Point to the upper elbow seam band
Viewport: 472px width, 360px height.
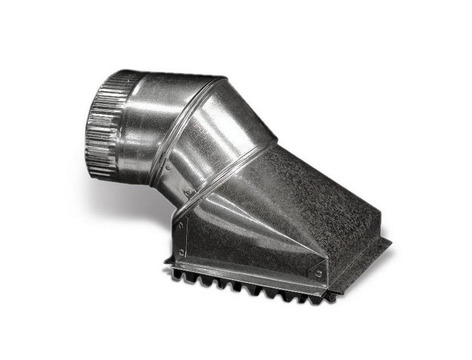185,126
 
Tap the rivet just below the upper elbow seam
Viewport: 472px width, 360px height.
168,167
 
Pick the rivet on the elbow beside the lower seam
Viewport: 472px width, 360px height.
188,193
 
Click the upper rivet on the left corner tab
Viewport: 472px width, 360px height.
181,225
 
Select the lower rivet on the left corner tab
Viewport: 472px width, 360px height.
182,251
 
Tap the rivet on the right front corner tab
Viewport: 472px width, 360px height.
319,273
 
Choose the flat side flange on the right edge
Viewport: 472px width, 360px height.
362,259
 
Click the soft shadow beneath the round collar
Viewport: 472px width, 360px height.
118,197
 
